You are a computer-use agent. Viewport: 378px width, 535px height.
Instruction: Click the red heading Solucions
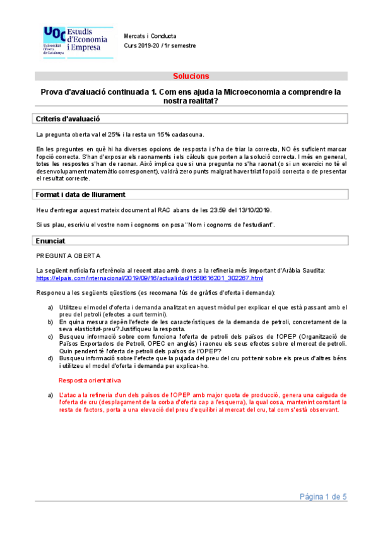point(191,76)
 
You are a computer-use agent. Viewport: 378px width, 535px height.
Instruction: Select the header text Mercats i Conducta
point(150,37)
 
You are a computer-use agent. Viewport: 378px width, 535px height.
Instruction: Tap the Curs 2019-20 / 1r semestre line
point(160,45)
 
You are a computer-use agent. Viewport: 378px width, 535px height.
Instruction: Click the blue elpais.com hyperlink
point(150,278)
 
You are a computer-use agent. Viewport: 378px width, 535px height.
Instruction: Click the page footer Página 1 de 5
point(323,497)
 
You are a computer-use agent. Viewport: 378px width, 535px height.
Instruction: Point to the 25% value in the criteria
point(115,135)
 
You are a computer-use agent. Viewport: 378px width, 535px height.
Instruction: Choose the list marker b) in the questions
point(51,321)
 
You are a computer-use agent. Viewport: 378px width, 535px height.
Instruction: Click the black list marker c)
point(51,336)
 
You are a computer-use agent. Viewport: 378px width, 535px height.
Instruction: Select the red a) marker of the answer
point(51,394)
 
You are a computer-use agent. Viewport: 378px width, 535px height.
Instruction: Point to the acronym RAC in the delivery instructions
point(173,209)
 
